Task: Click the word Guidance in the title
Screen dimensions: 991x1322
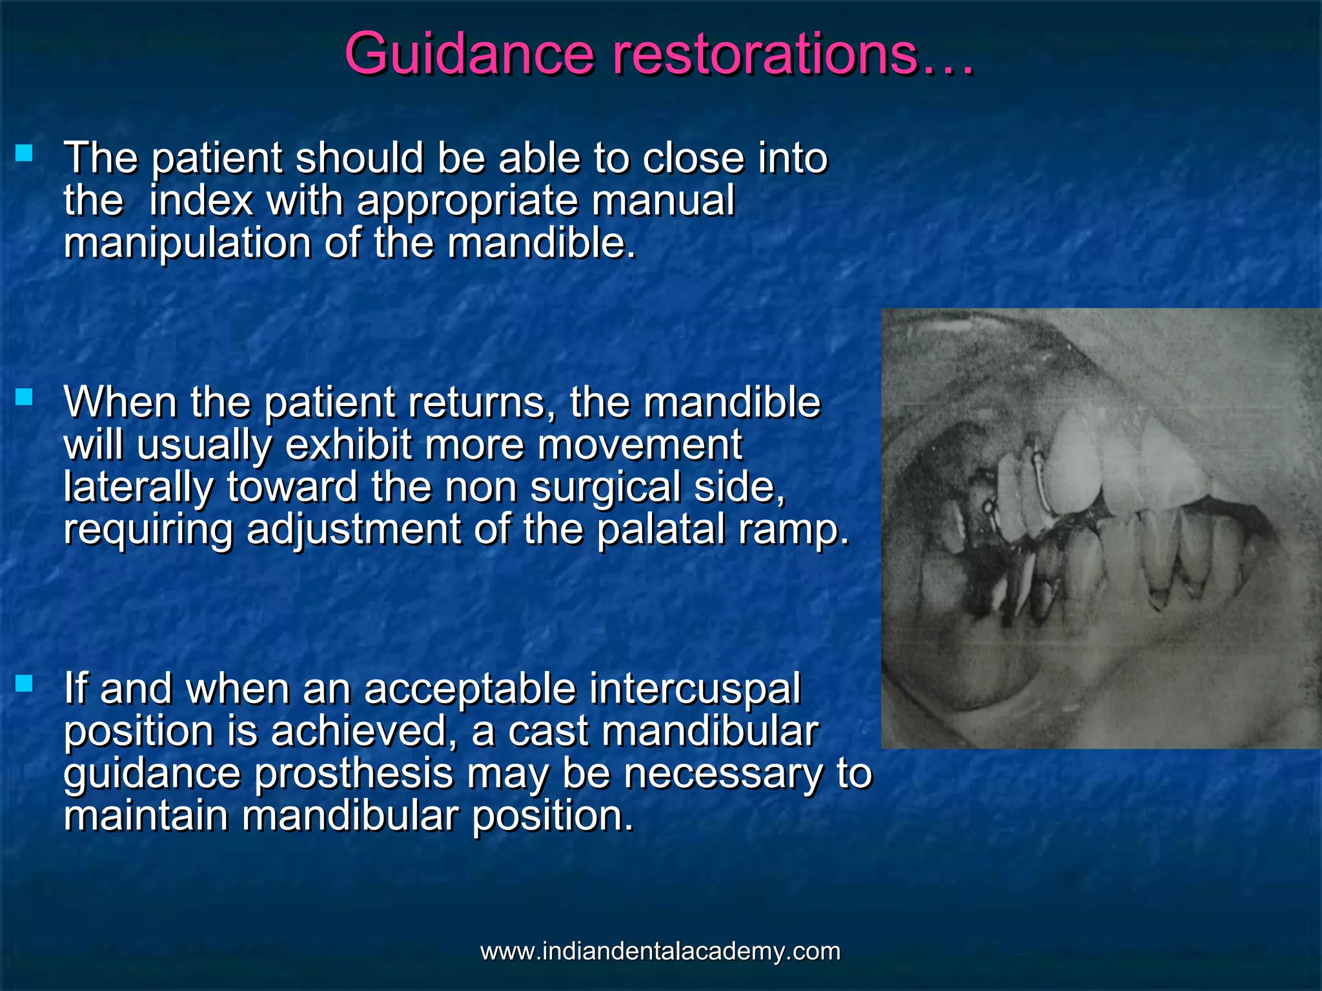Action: [469, 54]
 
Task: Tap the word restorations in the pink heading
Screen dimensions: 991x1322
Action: [764, 54]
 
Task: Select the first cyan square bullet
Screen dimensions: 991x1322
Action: [24, 153]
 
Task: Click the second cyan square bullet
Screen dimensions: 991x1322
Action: [24, 397]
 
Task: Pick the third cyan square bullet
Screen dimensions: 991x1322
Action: [24, 683]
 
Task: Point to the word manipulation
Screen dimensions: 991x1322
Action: [188, 244]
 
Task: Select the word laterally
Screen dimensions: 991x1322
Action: [138, 487]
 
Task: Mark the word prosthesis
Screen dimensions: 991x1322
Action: [354, 774]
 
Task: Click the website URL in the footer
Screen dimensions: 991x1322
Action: [660, 951]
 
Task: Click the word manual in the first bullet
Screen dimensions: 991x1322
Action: [663, 201]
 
